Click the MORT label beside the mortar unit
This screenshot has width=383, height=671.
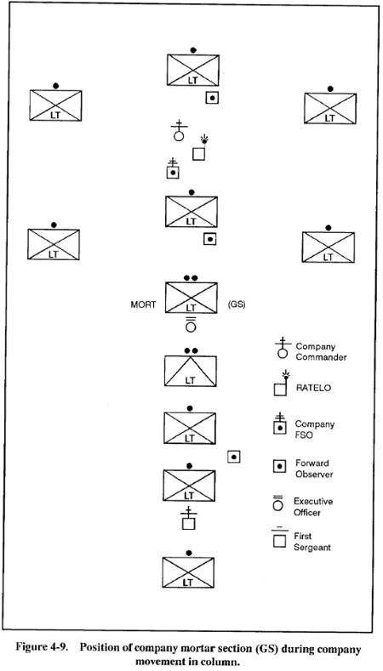pyautogui.click(x=143, y=305)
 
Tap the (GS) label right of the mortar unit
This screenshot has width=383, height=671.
pyautogui.click(x=236, y=305)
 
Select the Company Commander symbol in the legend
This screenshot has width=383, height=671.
pyautogui.click(x=283, y=348)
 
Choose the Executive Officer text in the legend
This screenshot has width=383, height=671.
pyautogui.click(x=312, y=507)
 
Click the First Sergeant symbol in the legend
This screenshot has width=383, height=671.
pyautogui.click(x=279, y=538)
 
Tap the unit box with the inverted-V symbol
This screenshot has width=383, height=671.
pyautogui.click(x=190, y=371)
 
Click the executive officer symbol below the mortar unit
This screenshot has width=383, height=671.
pyautogui.click(x=191, y=324)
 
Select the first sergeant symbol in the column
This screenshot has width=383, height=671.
pyautogui.click(x=188, y=519)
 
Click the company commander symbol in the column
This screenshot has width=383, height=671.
pyautogui.click(x=179, y=131)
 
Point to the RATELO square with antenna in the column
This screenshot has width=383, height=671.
pyautogui.click(x=200, y=149)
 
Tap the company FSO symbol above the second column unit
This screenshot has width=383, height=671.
pyautogui.click(x=173, y=168)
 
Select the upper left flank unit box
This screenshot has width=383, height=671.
pyautogui.click(x=55, y=105)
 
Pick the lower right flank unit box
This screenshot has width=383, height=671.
pyautogui.click(x=329, y=247)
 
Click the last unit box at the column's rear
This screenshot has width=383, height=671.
pyautogui.click(x=188, y=572)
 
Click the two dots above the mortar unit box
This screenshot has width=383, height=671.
pyautogui.click(x=191, y=278)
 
